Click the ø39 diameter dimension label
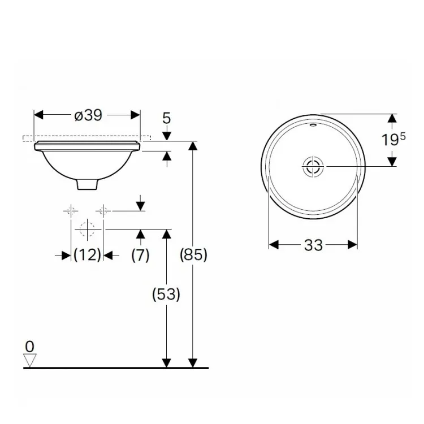[x=88, y=115]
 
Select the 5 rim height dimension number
[x=167, y=118]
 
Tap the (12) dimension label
[x=87, y=255]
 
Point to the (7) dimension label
[x=140, y=255]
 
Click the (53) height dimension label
[x=166, y=294]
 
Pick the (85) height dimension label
[x=193, y=255]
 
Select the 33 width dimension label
[x=313, y=245]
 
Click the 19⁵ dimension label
[x=393, y=140]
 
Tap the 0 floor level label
[x=30, y=347]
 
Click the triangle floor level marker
[x=30, y=360]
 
